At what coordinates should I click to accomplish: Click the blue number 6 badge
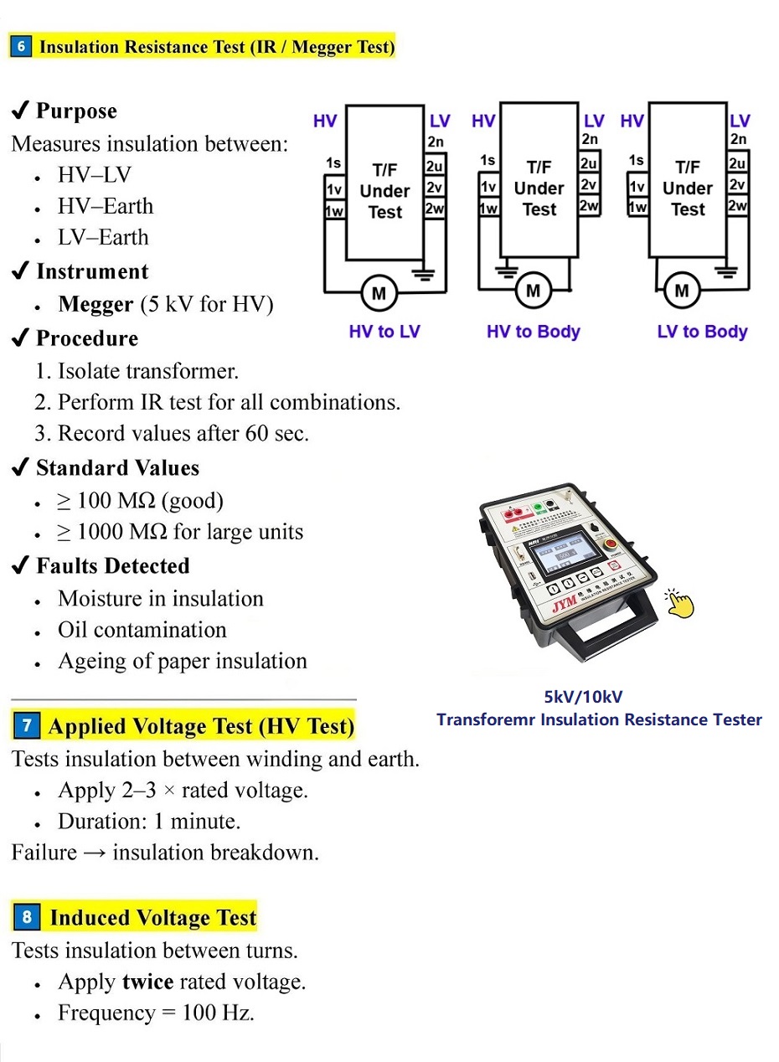[21, 46]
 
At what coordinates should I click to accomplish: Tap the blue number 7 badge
[27, 726]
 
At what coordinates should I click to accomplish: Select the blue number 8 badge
[27, 917]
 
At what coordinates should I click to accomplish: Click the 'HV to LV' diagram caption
[384, 332]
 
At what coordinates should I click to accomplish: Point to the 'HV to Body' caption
[533, 332]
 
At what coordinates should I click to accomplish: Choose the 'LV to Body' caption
[702, 332]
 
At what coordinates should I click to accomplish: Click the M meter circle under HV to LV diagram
[379, 293]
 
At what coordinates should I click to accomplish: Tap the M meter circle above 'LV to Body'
[681, 291]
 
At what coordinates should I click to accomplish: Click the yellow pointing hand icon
[679, 602]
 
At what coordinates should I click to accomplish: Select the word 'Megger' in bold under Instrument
[95, 305]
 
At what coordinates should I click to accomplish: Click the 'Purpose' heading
[76, 111]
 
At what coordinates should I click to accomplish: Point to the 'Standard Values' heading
[117, 468]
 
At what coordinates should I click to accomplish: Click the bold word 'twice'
[147, 982]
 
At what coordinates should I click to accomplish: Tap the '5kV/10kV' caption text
[584, 697]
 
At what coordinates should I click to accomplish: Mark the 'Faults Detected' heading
[112, 566]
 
